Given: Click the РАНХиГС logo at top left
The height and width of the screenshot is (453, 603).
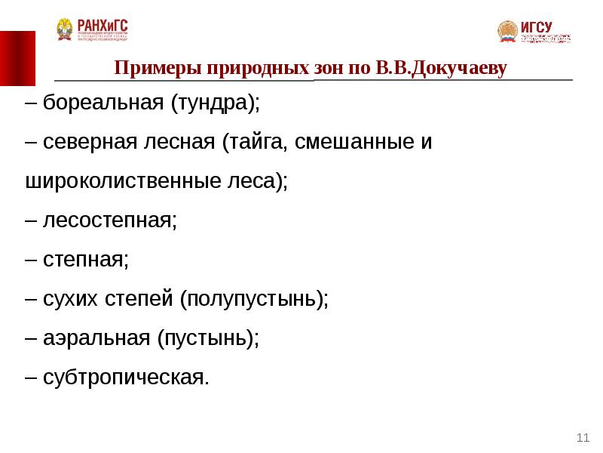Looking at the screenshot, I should coord(92,30).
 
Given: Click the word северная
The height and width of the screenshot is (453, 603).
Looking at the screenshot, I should coord(90,143).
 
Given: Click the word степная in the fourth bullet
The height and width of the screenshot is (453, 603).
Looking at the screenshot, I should coord(85,260).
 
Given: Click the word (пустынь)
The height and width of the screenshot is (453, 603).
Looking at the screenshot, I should coord(209,339).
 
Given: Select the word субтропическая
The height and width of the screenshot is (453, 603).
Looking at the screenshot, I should coord(124,378).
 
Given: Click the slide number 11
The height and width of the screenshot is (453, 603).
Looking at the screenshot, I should coord(582,437).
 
